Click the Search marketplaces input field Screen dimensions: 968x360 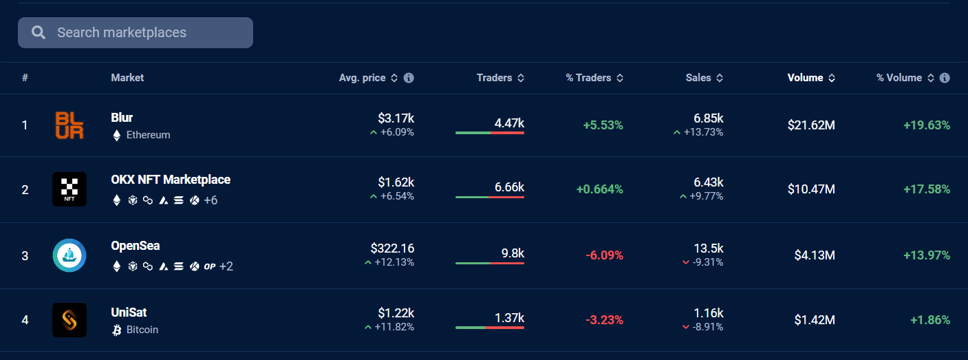click(x=136, y=32)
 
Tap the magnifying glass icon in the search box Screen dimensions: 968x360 click(x=39, y=32)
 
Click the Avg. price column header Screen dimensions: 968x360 click(x=362, y=78)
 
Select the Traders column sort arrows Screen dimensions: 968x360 click(x=521, y=78)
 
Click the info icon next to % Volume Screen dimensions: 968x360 click(x=945, y=78)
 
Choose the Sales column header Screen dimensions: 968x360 click(x=698, y=78)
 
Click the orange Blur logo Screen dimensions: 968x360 click(x=69, y=125)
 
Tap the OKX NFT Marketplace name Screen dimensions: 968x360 click(x=171, y=180)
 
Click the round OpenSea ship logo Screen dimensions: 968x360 click(x=69, y=255)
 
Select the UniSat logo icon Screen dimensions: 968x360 click(x=69, y=320)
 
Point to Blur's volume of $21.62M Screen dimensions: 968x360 click(x=811, y=125)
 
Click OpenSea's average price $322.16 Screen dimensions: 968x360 click(x=392, y=248)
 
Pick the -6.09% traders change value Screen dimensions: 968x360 click(x=604, y=255)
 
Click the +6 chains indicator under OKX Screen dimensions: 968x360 click(x=211, y=200)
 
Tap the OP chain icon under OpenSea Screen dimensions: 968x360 click(x=210, y=266)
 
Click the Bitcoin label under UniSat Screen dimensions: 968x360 click(x=142, y=330)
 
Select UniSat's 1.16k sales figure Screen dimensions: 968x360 click(x=708, y=313)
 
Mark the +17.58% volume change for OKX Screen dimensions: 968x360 click(x=927, y=189)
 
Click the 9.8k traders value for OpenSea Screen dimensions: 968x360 click(x=513, y=253)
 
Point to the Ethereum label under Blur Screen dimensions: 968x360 click(x=148, y=135)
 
